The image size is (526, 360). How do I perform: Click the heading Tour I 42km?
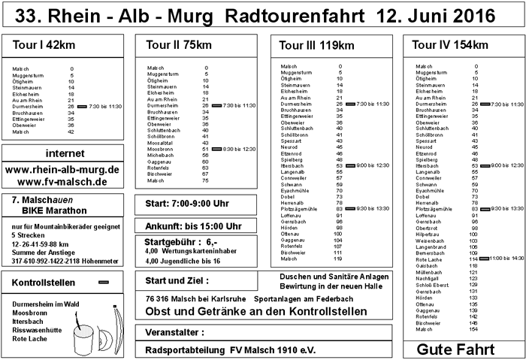tap(41, 46)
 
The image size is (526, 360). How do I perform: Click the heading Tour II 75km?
tap(174, 46)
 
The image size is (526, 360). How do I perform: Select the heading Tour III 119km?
tap(316, 46)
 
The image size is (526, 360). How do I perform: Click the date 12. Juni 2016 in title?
tap(446, 14)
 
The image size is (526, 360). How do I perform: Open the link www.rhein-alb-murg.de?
tap(62, 170)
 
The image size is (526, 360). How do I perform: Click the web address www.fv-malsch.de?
tap(62, 182)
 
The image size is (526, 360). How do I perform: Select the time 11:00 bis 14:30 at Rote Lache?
tap(508, 258)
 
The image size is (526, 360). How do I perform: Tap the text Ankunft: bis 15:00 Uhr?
tap(189, 225)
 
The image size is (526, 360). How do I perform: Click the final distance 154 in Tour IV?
tap(473, 329)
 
